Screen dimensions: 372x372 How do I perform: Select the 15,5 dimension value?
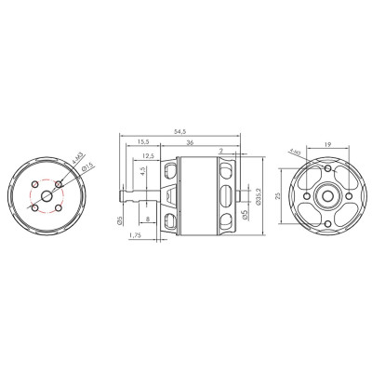point(142,142)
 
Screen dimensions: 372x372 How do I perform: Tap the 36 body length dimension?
point(191,142)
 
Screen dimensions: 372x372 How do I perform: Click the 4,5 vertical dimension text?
point(141,172)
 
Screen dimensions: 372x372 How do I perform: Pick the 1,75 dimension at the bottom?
point(137,236)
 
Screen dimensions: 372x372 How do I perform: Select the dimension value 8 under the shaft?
point(150,219)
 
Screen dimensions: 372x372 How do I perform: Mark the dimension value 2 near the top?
point(221,150)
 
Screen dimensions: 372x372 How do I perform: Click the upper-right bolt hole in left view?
point(59,184)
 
